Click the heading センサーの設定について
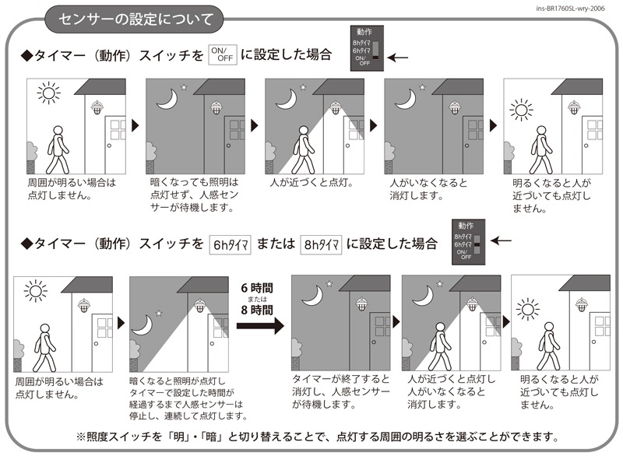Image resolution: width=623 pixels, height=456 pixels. tap(136, 19)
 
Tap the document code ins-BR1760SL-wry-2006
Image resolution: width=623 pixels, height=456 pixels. tap(570, 9)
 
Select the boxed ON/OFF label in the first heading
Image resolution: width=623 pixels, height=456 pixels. tap(223, 54)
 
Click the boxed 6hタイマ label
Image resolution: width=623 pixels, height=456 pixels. tap(230, 244)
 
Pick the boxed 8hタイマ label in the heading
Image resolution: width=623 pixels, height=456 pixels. tap(321, 244)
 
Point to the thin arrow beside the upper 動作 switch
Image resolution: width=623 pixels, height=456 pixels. tap(398, 58)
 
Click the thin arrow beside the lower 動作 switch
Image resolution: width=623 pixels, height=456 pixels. tap(501, 240)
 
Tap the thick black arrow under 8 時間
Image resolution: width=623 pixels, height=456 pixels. tap(260, 326)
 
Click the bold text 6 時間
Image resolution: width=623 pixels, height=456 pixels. tap(257, 288)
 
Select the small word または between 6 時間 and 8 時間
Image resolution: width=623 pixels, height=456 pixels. tap(257, 299)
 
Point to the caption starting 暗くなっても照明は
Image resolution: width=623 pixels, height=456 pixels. tap(194, 195)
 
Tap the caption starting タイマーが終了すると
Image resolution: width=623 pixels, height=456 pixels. tap(341, 391)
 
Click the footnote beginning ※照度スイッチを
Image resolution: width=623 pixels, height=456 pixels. tap(318, 437)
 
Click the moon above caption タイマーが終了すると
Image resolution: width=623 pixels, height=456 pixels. tap(313, 296)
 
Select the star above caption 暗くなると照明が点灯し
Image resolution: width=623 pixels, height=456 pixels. tap(159, 313)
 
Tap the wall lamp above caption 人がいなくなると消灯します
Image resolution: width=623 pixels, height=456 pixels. tap(455, 107)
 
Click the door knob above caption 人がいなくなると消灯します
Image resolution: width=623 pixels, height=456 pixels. tap(466, 146)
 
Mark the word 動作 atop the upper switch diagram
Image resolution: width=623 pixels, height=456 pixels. tap(364, 32)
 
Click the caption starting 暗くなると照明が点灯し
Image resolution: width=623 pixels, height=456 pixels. tap(188, 398)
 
